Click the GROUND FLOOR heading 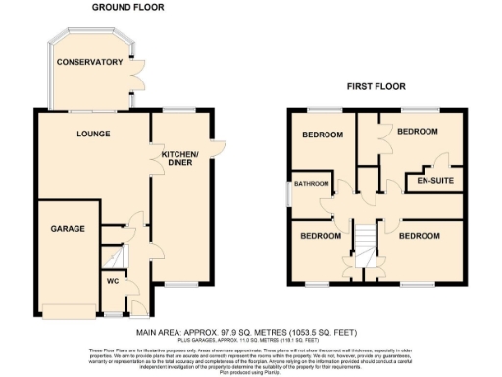(128, 7)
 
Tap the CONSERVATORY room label (89, 62)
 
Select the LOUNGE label (94, 134)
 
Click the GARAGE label (68, 228)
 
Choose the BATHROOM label (313, 184)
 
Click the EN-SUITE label (434, 182)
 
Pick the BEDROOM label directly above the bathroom (321, 135)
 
